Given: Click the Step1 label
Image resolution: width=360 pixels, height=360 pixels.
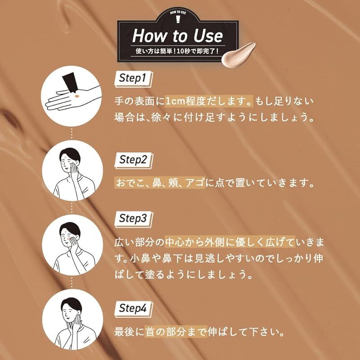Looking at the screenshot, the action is pyautogui.click(x=133, y=78).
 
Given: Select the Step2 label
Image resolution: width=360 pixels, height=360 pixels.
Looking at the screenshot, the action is pyautogui.click(x=133, y=160).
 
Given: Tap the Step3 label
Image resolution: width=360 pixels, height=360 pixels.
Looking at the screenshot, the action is pyautogui.click(x=133, y=219).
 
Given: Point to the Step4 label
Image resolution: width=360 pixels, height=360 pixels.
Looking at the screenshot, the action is pyautogui.click(x=133, y=309).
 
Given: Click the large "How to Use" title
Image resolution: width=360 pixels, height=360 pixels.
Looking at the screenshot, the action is pyautogui.click(x=177, y=36).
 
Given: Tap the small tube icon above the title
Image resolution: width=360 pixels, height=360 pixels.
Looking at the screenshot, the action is pyautogui.click(x=178, y=19).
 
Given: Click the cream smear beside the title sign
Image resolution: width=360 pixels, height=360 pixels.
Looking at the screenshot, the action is pyautogui.click(x=238, y=54).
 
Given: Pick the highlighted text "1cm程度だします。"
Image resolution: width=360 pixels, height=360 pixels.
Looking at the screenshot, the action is pyautogui.click(x=209, y=101).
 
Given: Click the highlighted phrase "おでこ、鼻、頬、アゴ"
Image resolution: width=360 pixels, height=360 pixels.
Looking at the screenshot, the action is pyautogui.click(x=160, y=183).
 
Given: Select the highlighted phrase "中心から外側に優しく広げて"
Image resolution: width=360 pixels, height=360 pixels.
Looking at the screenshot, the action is pyautogui.click(x=230, y=242).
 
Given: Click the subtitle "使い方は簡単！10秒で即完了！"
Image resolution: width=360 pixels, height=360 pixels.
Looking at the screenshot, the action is pyautogui.click(x=177, y=51).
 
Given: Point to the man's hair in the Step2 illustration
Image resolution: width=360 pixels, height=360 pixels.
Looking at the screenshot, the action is pyautogui.click(x=70, y=154).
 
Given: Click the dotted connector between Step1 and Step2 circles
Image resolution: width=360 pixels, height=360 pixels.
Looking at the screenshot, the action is pyautogui.click(x=72, y=133).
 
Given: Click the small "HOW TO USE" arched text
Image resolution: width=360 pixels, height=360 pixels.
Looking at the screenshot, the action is pyautogui.click(x=178, y=12).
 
